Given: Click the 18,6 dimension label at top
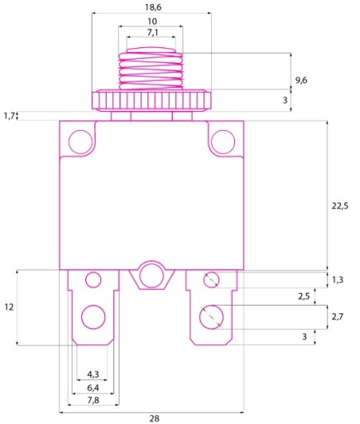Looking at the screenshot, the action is (x=153, y=7).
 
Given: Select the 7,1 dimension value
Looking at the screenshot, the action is (x=152, y=32).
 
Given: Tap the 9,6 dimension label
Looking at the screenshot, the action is (x=301, y=80).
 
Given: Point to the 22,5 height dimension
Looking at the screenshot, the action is (x=340, y=205).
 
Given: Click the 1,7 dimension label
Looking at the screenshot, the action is (x=9, y=116).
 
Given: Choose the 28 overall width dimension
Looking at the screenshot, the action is (x=155, y=418).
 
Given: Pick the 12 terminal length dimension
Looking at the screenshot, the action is (x=9, y=306).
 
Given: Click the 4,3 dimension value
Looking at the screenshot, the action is (x=93, y=374).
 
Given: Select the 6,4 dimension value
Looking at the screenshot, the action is (x=93, y=388).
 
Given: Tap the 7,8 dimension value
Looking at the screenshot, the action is (x=93, y=400).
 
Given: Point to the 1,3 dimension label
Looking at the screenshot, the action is (x=338, y=280).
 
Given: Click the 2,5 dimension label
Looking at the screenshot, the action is (x=304, y=296).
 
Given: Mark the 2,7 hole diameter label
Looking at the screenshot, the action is (x=338, y=317).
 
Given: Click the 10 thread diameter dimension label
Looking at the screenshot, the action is (x=152, y=21).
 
